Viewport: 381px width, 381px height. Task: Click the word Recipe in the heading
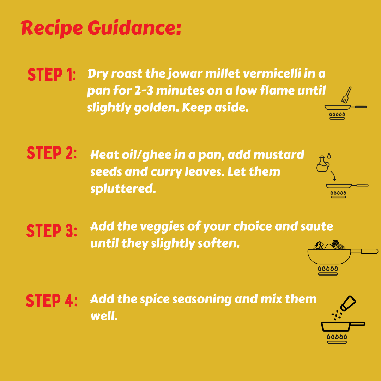tap(52, 29)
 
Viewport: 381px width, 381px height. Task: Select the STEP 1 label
tap(52, 74)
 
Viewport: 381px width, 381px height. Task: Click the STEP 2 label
tap(52, 153)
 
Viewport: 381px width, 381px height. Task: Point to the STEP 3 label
tap(52, 231)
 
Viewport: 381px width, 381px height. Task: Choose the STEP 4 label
tap(52, 301)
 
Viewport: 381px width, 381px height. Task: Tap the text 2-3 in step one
tap(144, 91)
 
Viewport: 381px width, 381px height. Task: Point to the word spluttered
tap(123, 189)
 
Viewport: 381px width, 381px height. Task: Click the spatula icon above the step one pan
tap(346, 95)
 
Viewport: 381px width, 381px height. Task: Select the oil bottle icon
tap(322, 164)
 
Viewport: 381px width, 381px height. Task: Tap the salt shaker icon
tap(348, 303)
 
